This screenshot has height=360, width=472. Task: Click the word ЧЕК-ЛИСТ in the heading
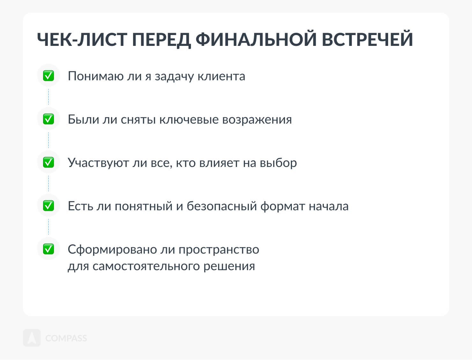(82, 39)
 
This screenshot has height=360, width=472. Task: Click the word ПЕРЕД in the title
(161, 40)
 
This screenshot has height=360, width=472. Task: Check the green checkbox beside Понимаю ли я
(48, 76)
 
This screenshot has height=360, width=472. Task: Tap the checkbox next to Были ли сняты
(48, 119)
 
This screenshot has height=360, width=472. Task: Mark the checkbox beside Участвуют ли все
(48, 162)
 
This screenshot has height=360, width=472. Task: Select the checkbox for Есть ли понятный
(48, 205)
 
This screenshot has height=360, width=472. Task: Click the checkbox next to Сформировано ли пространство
(48, 249)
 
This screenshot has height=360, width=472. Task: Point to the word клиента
(221, 76)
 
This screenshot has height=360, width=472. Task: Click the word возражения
(257, 120)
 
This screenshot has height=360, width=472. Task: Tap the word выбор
(278, 163)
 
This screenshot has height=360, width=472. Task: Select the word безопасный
(222, 206)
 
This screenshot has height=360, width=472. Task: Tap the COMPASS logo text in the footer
(66, 338)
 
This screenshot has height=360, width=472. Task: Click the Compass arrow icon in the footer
(32, 338)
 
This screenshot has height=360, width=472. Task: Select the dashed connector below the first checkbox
(48, 97)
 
